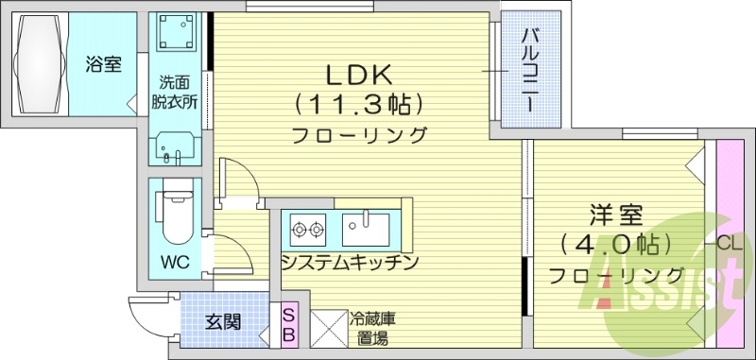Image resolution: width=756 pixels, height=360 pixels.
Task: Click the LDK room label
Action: (359, 75)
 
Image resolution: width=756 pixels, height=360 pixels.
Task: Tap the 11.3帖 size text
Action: (358, 102)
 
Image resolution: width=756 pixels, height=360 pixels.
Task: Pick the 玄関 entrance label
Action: (223, 322)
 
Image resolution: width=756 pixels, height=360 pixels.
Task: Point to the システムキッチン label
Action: (349, 262)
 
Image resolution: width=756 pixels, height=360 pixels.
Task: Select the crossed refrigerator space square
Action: (324, 329)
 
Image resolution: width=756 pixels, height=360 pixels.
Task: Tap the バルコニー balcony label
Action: (529, 69)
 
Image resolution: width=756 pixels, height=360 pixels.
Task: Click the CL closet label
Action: (728, 244)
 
